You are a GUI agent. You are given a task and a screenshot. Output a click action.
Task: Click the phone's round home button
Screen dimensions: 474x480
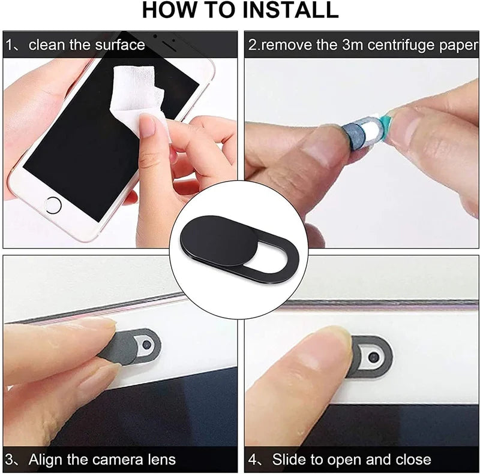tap(53, 204)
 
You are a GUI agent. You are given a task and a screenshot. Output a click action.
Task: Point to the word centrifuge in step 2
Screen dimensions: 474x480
tap(394, 45)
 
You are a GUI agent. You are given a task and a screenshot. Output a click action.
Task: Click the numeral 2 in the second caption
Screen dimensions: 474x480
tap(253, 45)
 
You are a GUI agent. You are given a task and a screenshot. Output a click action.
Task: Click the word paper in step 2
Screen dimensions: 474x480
tap(459, 45)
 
